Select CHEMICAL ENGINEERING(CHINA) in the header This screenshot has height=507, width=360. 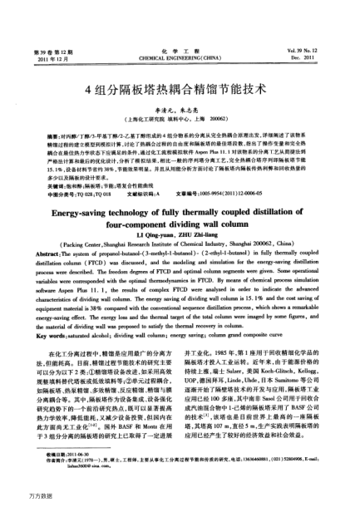pos(180,35)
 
